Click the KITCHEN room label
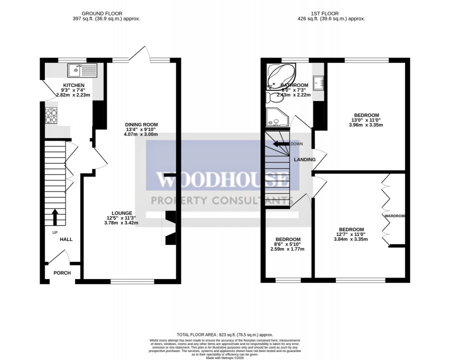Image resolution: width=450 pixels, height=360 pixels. pyautogui.click(x=73, y=85)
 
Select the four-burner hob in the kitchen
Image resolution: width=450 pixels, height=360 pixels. pyautogui.click(x=52, y=116)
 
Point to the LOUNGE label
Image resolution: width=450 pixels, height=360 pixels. pyautogui.click(x=121, y=211)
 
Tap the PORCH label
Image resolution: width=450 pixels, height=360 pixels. pyautogui.click(x=62, y=273)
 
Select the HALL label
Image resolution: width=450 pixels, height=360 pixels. pyautogui.click(x=66, y=239)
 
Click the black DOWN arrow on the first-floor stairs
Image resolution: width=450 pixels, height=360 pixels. pyautogui.click(x=281, y=143)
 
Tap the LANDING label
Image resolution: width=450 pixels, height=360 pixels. pyautogui.click(x=304, y=160)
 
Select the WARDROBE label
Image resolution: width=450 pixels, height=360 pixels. pyautogui.click(x=394, y=215)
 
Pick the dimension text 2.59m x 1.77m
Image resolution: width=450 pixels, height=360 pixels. pyautogui.click(x=287, y=249)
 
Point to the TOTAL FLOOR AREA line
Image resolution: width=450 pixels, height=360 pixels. pyautogui.click(x=224, y=334)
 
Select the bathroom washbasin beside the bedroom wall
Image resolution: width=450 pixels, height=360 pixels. pyautogui.click(x=318, y=81)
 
